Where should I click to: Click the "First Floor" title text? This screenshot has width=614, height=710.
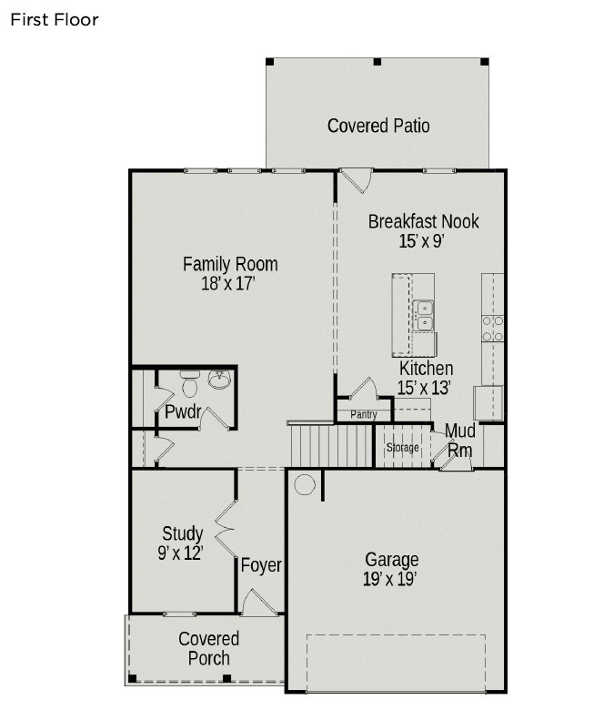click(x=55, y=19)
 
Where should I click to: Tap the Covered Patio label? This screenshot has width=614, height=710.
click(x=378, y=126)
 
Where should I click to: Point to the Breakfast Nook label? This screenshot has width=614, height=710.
click(x=423, y=221)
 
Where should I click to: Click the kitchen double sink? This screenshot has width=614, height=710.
click(x=424, y=315)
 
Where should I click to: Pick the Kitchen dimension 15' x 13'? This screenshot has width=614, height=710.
click(x=425, y=387)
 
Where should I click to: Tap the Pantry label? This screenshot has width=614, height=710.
click(x=363, y=415)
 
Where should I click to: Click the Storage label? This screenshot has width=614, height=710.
click(x=402, y=448)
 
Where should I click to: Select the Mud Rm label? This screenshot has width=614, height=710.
click(x=459, y=440)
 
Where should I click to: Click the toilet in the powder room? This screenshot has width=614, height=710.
click(x=190, y=385)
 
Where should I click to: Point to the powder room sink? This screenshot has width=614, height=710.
click(x=219, y=379)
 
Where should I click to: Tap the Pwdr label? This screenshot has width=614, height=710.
click(x=183, y=411)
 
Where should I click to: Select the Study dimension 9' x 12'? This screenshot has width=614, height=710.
click(x=180, y=552)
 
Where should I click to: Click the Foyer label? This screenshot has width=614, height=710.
click(x=261, y=565)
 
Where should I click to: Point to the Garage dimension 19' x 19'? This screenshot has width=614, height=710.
click(x=392, y=578)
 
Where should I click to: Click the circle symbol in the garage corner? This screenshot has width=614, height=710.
click(x=305, y=484)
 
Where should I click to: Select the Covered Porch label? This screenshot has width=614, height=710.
click(x=209, y=649)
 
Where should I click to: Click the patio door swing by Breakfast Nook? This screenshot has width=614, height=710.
click(x=356, y=179)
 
